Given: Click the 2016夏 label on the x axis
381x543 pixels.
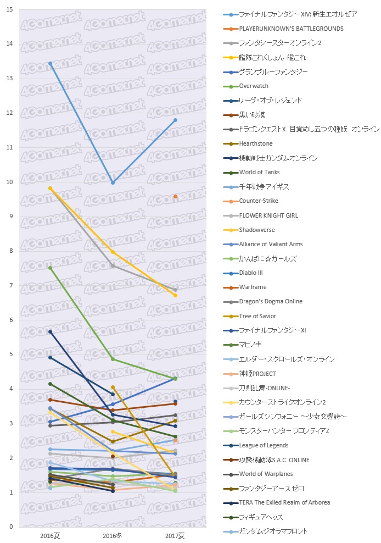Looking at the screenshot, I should click(50, 535).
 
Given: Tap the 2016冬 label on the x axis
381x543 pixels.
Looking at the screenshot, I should click(113, 535).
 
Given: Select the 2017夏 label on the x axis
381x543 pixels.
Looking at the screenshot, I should click(175, 535).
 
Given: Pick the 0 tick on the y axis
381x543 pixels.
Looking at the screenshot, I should click(12, 527).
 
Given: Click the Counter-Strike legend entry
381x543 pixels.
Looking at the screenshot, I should click(259, 201).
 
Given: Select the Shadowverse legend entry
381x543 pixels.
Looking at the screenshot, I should click(257, 230).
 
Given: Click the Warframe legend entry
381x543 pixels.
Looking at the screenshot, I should click(253, 287).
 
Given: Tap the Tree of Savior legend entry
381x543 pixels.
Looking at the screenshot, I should click(257, 316).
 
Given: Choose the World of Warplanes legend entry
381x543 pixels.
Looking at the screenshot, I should click(266, 474).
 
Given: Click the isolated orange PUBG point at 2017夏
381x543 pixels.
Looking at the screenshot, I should click(175, 196).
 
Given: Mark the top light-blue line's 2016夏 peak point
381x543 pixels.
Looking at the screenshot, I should click(50, 64).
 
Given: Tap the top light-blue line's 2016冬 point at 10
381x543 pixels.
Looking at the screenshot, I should click(113, 182).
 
